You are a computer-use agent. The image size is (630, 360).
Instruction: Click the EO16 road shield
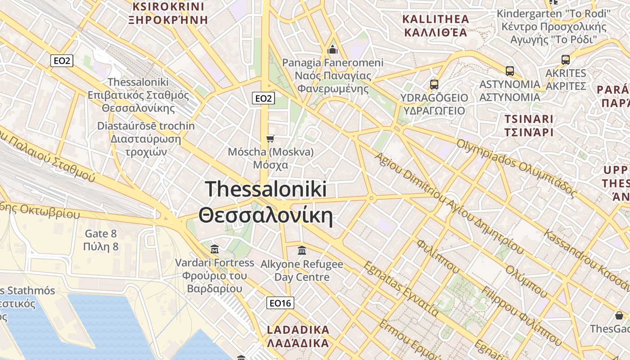(x=280, y=303)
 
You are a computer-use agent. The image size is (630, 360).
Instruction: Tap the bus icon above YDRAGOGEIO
(x=434, y=84)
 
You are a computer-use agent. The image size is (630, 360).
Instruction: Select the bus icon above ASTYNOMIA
(x=509, y=71)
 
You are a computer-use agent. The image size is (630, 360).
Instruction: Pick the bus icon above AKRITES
(x=565, y=59)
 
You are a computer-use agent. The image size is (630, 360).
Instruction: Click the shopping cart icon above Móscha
(x=270, y=138)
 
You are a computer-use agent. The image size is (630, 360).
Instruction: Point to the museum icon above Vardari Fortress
(x=215, y=249)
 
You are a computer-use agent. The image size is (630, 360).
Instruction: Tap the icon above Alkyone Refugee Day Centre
(x=302, y=250)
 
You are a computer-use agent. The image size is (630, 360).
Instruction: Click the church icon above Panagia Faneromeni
(x=333, y=49)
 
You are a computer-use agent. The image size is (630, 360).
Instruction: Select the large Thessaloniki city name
(x=266, y=202)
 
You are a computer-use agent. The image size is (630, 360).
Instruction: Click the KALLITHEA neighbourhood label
(x=436, y=26)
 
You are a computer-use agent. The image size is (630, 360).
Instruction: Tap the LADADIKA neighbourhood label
(x=298, y=336)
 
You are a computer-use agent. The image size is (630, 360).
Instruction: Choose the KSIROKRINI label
(x=168, y=13)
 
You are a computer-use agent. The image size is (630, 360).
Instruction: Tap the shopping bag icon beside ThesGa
(x=619, y=315)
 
